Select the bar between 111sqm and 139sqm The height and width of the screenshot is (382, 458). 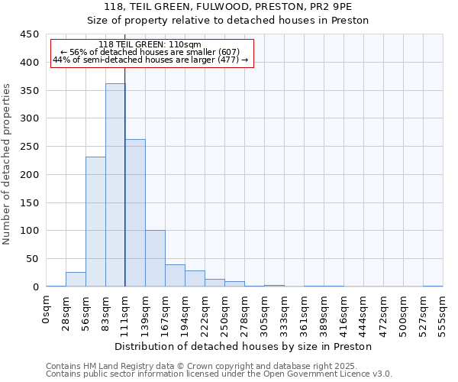[135, 213]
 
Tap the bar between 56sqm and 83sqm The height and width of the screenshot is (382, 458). [95, 222]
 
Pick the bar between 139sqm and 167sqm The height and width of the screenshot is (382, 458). [155, 258]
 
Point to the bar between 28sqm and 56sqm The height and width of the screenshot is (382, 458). [76, 280]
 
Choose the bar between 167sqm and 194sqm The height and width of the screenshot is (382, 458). [175, 276]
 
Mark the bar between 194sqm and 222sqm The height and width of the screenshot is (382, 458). [195, 279]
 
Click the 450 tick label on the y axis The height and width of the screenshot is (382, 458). [30, 34]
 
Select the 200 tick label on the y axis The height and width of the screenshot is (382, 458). [30, 175]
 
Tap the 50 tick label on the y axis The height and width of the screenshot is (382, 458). [33, 259]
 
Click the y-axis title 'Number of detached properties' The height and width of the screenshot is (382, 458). [8, 164]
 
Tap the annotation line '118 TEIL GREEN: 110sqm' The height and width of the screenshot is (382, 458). [150, 45]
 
